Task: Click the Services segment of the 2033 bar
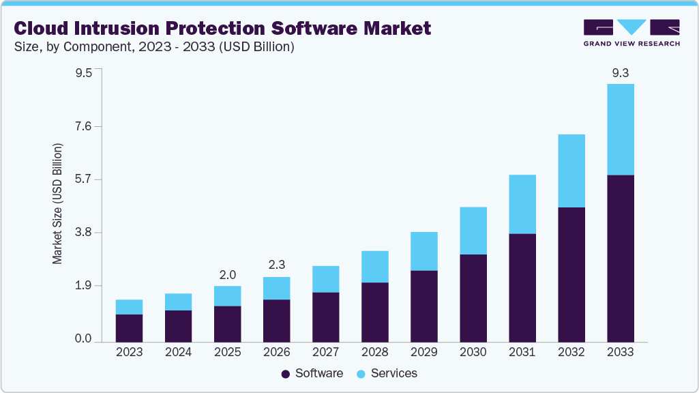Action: (620, 130)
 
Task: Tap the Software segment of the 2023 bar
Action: (129, 327)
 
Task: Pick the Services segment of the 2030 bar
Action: (473, 231)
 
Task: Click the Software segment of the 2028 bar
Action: (374, 312)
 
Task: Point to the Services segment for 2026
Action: (276, 288)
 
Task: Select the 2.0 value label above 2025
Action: (227, 274)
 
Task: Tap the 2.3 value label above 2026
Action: (276, 265)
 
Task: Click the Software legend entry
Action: (312, 373)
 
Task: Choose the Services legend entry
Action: (386, 373)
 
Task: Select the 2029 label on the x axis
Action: (423, 352)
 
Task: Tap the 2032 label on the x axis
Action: (571, 352)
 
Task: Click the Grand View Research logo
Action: (631, 32)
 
